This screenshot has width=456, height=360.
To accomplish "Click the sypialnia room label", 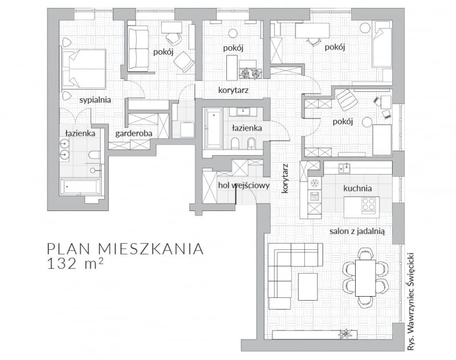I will (x=95, y=100).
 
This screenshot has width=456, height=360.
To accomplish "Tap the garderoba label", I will (x=132, y=133).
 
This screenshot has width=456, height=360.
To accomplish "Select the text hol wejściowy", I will (x=243, y=185).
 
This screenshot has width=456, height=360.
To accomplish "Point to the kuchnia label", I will (x=357, y=188).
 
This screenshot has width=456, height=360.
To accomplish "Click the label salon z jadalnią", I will (x=357, y=231).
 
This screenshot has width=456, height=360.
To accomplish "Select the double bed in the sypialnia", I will (x=84, y=67).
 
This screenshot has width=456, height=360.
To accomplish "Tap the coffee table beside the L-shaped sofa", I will (x=308, y=286).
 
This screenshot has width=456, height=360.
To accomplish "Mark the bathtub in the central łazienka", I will (x=213, y=128).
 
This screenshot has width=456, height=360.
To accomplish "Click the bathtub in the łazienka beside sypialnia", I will (x=80, y=187).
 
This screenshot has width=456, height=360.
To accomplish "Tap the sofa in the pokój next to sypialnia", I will (x=137, y=48).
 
